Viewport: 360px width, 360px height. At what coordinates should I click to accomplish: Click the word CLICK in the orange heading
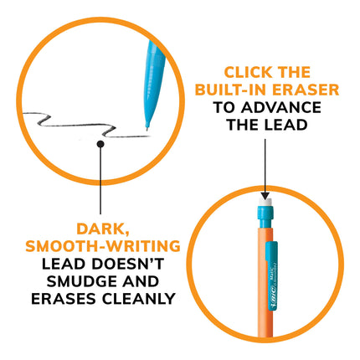248,73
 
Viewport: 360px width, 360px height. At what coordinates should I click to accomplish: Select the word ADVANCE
281,108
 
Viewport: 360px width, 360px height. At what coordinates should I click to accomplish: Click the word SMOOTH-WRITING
103,246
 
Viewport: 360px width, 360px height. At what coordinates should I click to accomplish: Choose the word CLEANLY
138,299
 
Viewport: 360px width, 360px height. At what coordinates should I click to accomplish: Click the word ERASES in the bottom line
64,299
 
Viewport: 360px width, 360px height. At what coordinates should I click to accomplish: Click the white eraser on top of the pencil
265,203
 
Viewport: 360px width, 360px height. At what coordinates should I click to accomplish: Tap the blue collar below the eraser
265,213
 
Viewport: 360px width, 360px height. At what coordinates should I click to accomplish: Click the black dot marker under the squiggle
100,144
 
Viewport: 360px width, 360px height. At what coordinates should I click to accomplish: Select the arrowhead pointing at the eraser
265,195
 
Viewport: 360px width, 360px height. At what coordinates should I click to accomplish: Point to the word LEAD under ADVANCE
286,125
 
